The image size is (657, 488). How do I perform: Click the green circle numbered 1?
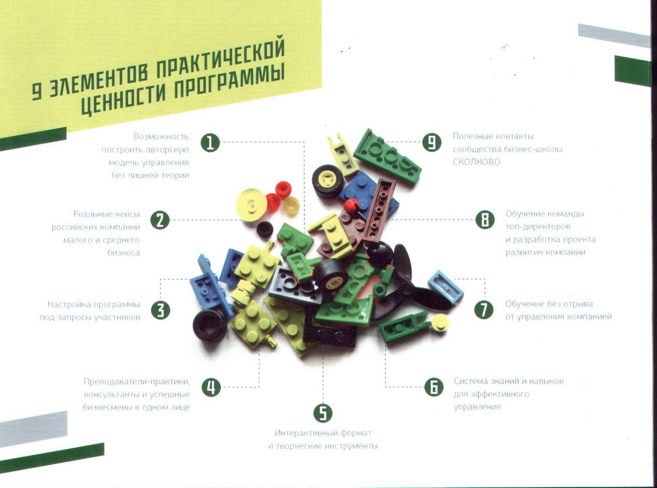click(210, 143)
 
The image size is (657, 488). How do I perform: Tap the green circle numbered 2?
click(160, 220)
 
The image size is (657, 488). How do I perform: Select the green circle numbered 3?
click(160, 310)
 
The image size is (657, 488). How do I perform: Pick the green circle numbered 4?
click(211, 387)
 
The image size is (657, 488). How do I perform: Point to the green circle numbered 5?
click(323, 413)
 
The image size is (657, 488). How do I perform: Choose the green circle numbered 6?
click(434, 387)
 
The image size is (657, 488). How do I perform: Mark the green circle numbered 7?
click(484, 310)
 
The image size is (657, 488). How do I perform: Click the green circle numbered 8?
click(485, 220)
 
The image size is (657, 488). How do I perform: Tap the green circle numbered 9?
click(431, 142)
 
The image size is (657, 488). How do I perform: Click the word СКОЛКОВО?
click(476, 162)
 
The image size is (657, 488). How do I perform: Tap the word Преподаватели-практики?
click(137, 381)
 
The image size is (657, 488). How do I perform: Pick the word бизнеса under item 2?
click(123, 253)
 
